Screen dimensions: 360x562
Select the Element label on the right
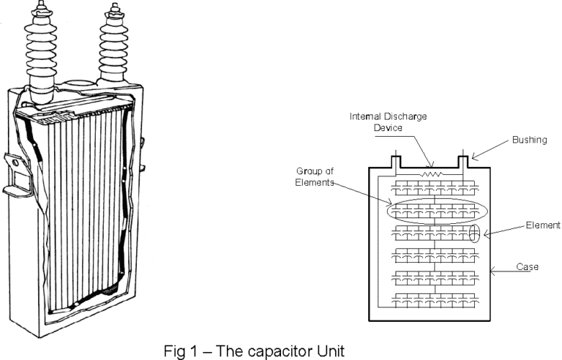click(x=542, y=225)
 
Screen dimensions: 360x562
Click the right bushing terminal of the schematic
click(x=462, y=159)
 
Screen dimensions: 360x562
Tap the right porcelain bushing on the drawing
click(x=114, y=44)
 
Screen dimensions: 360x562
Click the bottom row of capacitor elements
click(x=436, y=299)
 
